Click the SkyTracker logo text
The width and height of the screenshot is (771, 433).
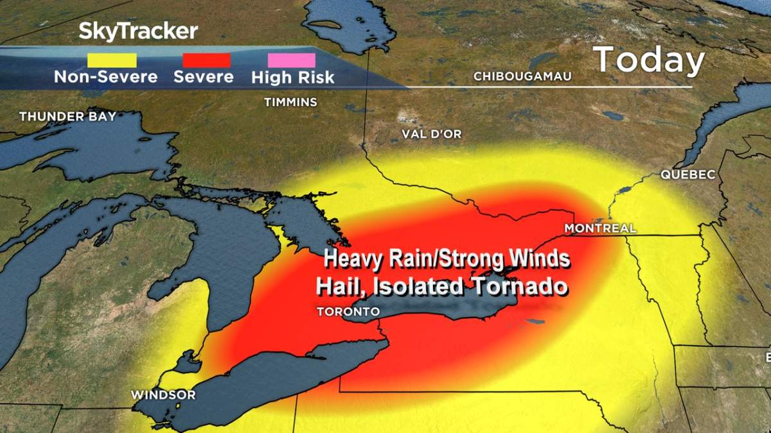138,31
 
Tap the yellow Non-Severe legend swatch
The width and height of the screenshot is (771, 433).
112,60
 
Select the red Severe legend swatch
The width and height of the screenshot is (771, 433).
206,60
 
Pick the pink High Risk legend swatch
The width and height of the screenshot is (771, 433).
292,60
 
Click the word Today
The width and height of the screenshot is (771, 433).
649,60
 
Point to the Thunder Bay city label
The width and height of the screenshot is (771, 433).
67,116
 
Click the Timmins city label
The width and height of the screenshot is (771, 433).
291,102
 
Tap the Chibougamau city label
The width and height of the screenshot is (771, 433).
522,76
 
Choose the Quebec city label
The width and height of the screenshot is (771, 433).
687,174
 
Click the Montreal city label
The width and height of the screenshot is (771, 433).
600,228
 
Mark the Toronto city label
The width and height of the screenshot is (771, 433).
348,311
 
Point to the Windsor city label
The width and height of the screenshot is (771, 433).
163,395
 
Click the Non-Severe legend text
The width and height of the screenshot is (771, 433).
105,77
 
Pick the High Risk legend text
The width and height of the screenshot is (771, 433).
293,78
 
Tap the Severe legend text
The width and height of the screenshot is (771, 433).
204,77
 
